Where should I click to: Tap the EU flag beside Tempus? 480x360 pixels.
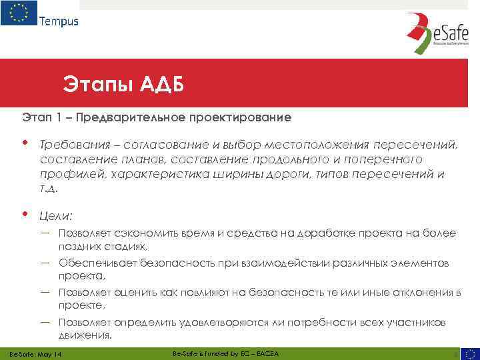(x=19, y=13)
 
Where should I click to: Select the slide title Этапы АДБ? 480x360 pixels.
(x=123, y=85)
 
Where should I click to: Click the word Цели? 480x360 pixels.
(x=57, y=215)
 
